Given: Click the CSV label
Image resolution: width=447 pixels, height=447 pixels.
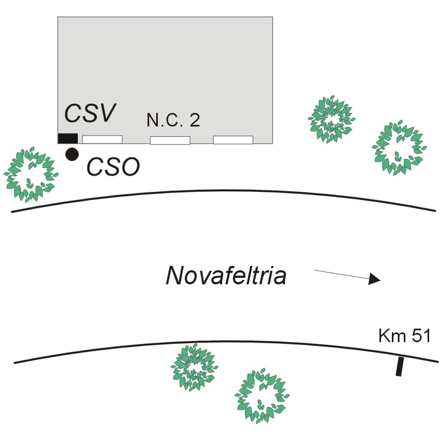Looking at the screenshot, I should click(90, 113).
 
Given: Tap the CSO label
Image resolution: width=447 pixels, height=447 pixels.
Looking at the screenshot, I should click(114, 167).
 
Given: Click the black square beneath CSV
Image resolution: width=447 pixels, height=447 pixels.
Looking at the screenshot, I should click(68, 138).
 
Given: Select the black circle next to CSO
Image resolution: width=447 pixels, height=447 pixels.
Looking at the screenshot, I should click(71, 154).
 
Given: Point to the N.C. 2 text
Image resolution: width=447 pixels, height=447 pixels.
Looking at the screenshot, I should click(173, 120).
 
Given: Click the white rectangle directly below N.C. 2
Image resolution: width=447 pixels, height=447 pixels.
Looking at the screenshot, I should click(170, 141).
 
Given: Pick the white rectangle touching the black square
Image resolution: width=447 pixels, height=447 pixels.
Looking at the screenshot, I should click(102, 139).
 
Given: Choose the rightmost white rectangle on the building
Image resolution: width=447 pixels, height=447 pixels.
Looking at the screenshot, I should click(233, 140).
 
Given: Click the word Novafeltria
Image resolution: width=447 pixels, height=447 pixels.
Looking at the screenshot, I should click(226, 276).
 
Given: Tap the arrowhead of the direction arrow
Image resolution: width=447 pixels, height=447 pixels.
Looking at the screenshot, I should click(375, 279).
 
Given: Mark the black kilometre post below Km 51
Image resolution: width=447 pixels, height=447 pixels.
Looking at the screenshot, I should click(399, 366).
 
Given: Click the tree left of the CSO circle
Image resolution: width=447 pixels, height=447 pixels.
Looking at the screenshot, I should click(30, 174).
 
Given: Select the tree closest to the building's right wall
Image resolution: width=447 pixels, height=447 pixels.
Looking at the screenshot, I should click(332, 119).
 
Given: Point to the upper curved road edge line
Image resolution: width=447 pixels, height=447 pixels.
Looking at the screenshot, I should click(224, 191).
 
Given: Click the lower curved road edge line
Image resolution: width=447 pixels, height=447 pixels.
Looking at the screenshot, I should click(224, 342).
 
